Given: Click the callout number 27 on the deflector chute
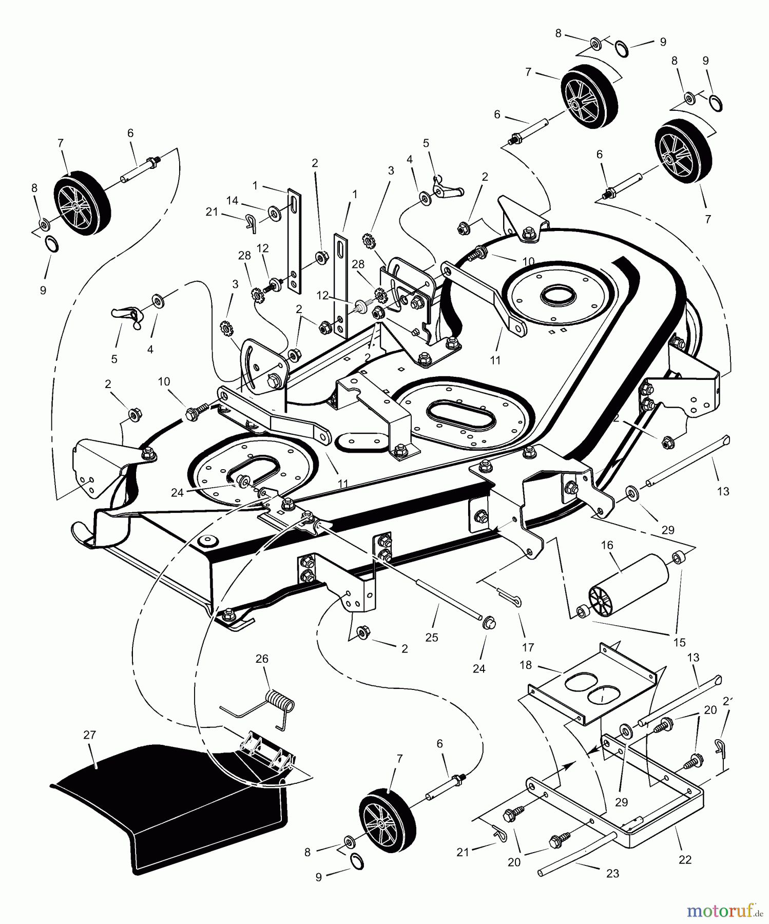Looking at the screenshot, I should (x=89, y=735).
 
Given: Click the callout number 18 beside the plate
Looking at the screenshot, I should (x=525, y=665).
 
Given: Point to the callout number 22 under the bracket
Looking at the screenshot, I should (x=685, y=859).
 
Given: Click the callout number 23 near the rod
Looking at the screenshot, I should (x=612, y=873).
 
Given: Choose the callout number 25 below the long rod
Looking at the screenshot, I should (x=432, y=637).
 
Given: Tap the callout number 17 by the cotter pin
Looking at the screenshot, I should (x=528, y=648).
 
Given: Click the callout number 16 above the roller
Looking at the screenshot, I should (x=607, y=545).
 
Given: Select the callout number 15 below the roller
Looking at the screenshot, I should (x=679, y=642).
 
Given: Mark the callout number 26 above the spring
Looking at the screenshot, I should (x=262, y=659).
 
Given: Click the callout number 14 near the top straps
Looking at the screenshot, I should (x=233, y=201).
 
